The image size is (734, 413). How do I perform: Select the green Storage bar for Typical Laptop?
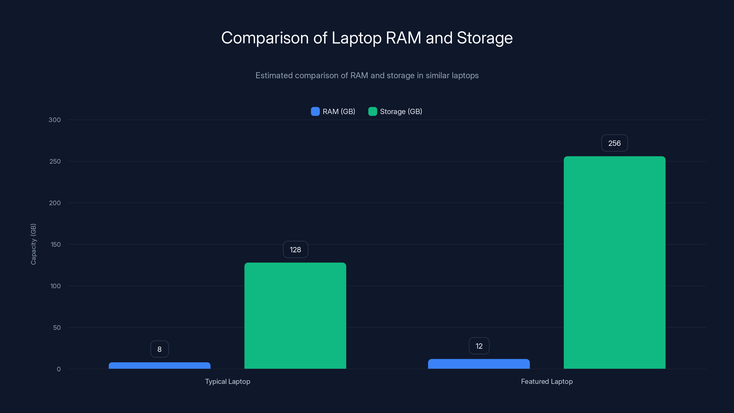[x=295, y=315]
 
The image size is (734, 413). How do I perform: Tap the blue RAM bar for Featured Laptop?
[x=479, y=364]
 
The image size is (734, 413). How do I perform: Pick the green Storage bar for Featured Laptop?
[x=614, y=262]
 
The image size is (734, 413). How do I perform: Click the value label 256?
[x=614, y=143]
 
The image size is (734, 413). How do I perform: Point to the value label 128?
[x=295, y=250]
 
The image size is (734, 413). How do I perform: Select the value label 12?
[x=479, y=346]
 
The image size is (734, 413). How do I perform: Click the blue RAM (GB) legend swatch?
[x=315, y=112]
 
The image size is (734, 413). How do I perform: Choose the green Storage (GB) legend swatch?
[x=373, y=112]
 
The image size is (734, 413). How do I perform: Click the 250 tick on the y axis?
[x=55, y=161]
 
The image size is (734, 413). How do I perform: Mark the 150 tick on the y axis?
[x=56, y=245]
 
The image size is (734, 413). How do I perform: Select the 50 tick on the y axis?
[x=57, y=327]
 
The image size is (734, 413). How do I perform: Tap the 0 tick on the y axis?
[x=59, y=369]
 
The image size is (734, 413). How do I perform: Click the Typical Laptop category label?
[x=227, y=381]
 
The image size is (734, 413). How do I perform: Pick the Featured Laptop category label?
[x=547, y=381]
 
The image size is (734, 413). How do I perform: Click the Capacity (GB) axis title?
[x=33, y=244]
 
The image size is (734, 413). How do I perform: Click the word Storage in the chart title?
[x=484, y=38]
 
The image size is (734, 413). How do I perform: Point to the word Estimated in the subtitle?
[x=274, y=75]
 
